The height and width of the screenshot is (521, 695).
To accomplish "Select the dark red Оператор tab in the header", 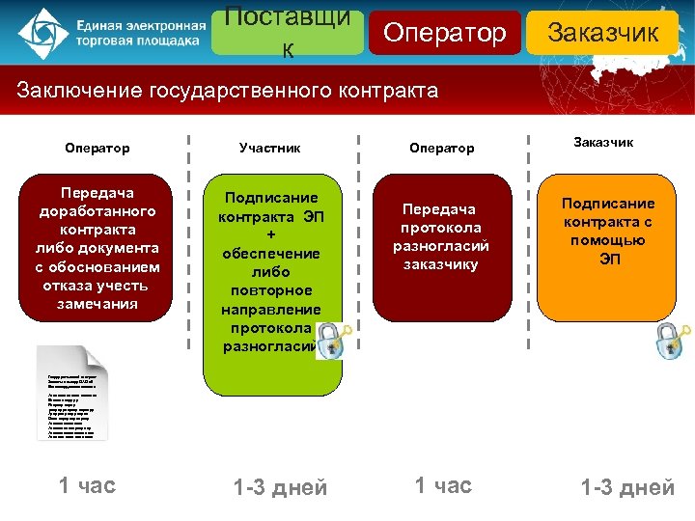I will [444, 33].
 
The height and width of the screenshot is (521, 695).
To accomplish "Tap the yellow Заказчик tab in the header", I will [602, 33].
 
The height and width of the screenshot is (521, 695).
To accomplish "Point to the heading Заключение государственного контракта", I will [228, 91].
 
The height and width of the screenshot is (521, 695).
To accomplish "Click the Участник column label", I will [269, 148].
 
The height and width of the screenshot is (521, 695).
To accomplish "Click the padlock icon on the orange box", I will [670, 339].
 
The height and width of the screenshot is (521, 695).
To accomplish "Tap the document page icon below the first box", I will [73, 394].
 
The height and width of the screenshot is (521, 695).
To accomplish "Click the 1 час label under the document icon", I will [87, 484].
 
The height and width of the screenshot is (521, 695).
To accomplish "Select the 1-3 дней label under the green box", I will [281, 488].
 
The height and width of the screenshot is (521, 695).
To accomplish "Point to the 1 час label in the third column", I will [443, 484].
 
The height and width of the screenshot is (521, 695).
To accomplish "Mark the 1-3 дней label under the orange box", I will [627, 488].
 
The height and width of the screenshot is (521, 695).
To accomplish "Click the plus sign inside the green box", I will [270, 233].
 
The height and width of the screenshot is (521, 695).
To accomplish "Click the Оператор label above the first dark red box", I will [97, 148].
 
